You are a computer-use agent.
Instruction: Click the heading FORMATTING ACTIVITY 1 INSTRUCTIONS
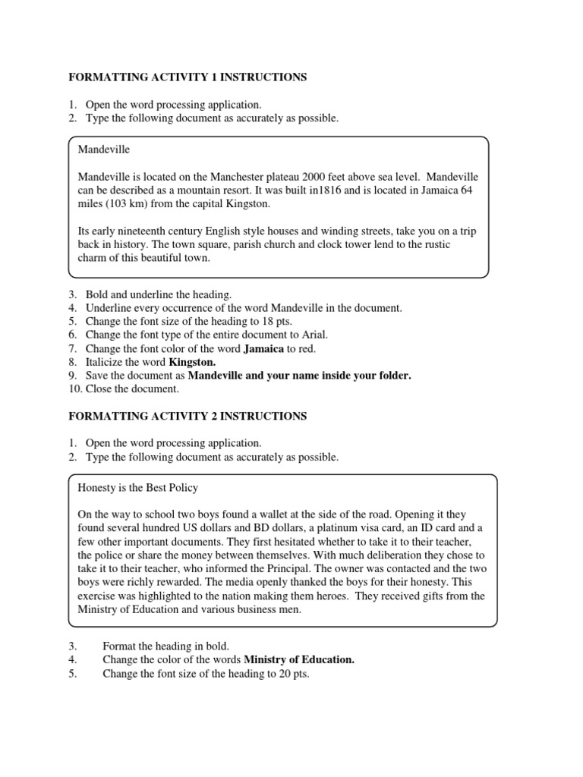[188, 77]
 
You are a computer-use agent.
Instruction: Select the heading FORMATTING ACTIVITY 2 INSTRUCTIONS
[188, 416]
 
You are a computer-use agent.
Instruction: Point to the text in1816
[313, 190]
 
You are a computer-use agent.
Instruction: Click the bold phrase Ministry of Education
[298, 659]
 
